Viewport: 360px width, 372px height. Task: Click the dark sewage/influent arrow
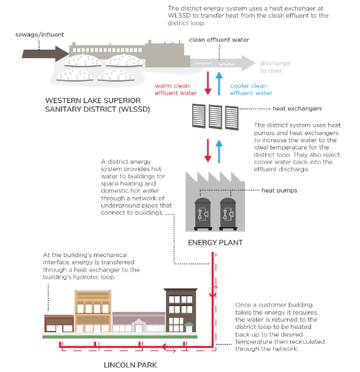(45, 54)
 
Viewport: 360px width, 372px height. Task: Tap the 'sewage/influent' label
(40, 35)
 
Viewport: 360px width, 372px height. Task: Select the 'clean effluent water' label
(219, 40)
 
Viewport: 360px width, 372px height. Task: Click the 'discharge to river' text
(275, 67)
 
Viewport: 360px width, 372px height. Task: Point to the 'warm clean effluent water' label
(176, 89)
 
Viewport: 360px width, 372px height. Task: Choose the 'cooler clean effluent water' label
(251, 89)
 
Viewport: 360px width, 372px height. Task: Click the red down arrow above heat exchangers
(208, 84)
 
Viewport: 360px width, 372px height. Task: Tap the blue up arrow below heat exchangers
(219, 151)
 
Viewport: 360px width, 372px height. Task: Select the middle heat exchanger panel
(216, 117)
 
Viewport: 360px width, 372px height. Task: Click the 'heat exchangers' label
(297, 108)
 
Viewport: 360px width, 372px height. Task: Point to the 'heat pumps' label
(279, 191)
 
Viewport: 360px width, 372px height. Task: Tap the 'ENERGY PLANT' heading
(216, 243)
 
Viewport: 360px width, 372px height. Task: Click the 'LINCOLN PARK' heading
(131, 365)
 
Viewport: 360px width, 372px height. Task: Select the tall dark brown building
(180, 310)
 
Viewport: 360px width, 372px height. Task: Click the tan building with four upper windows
(93, 311)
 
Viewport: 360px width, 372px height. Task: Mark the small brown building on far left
(59, 323)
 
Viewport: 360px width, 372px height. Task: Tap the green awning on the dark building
(189, 324)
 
